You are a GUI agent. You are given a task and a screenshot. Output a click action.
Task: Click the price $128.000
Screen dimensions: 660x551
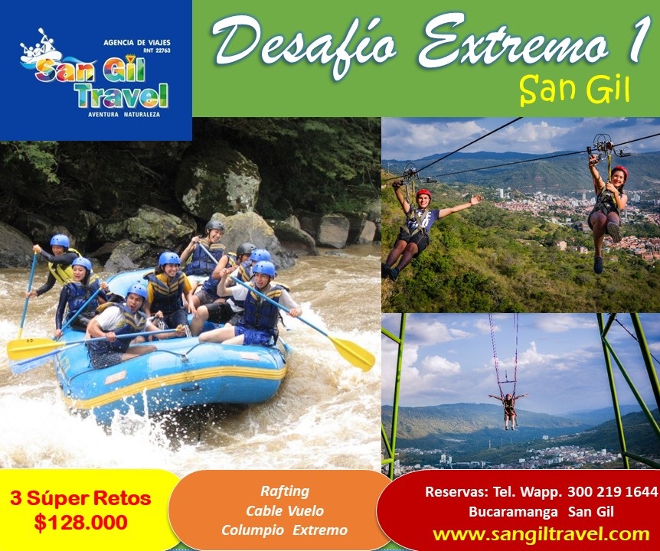(x=81, y=523)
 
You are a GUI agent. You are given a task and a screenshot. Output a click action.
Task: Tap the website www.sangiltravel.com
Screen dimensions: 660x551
(x=541, y=534)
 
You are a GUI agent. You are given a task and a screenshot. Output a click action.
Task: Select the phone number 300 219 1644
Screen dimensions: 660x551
(x=613, y=491)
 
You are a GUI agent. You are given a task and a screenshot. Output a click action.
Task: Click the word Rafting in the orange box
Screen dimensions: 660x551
(x=285, y=491)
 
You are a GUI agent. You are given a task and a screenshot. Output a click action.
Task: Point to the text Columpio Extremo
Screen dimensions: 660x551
(x=285, y=530)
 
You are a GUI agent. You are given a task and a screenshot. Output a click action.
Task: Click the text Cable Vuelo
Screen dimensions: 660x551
(x=285, y=510)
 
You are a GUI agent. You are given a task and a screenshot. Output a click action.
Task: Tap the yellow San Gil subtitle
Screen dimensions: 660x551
(x=574, y=90)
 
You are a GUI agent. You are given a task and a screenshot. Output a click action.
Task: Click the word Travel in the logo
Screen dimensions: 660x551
(x=123, y=96)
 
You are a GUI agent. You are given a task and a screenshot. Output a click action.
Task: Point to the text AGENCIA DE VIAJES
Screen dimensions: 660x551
(x=137, y=43)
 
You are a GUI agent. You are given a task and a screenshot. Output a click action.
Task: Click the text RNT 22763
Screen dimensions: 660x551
(x=157, y=51)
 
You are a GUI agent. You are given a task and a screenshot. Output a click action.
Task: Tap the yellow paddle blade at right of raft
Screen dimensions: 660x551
(x=352, y=353)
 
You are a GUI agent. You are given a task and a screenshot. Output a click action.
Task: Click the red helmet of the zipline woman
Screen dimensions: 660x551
(x=619, y=171)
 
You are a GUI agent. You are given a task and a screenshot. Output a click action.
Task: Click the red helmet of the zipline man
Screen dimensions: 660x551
(x=423, y=194)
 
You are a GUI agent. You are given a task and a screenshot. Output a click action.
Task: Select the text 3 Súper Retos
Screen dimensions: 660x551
(x=81, y=499)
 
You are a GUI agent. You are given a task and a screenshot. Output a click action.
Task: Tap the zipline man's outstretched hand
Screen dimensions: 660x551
(x=475, y=199)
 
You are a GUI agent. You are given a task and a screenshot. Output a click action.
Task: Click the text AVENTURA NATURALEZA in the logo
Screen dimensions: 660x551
(x=124, y=114)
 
